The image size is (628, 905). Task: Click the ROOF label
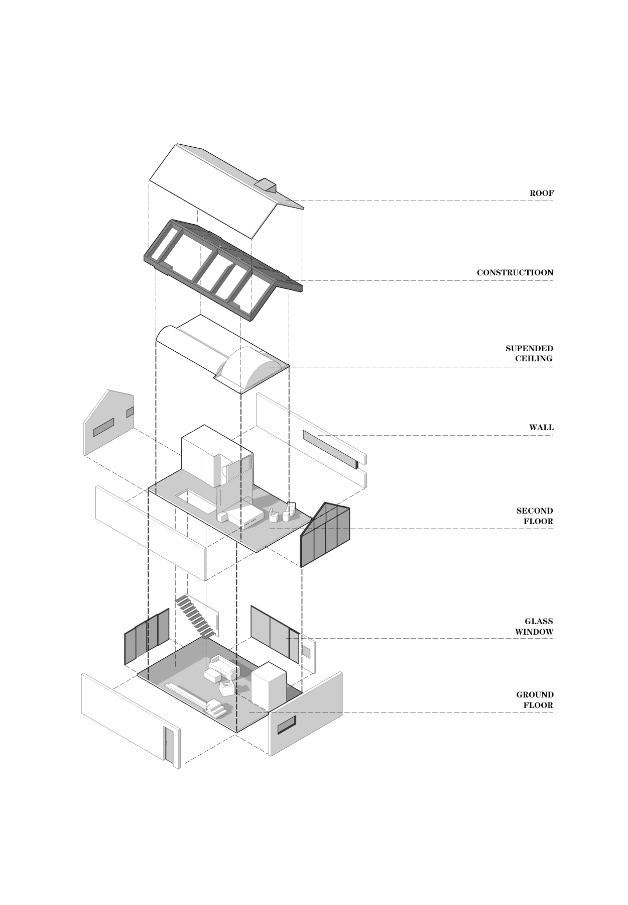pos(542,193)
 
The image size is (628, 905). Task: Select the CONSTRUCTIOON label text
pos(515,273)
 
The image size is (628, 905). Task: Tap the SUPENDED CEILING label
pos(529,353)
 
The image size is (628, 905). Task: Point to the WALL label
pos(542,428)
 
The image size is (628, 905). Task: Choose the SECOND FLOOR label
pos(535,516)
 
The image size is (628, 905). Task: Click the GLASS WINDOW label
pos(534,627)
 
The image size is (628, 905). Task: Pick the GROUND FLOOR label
pos(535,700)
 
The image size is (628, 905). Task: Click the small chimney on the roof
pos(266,185)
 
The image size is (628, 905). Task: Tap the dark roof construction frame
pos(223,269)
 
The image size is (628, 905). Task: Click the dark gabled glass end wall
pos(325,534)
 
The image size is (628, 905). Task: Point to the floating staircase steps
pos(195,616)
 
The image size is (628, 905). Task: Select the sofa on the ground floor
pos(224,667)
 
